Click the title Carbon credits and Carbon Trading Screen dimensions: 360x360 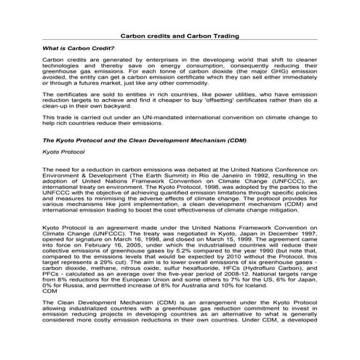click(x=179, y=35)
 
